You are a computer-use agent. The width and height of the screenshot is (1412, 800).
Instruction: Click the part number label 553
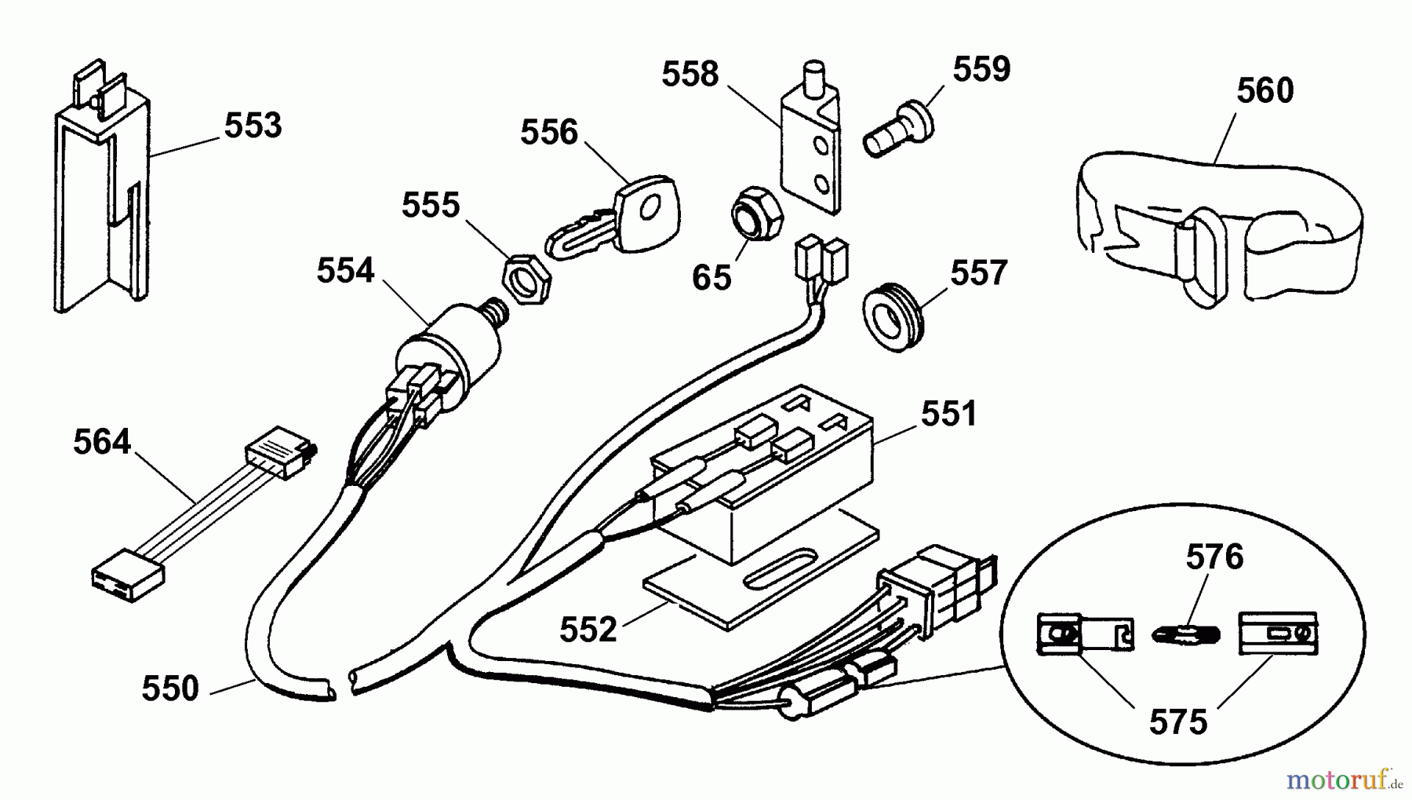pyautogui.click(x=253, y=126)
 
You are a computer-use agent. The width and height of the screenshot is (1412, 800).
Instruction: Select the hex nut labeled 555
pyautogui.click(x=525, y=279)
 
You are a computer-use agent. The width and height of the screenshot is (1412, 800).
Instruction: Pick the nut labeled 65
pyautogui.click(x=757, y=214)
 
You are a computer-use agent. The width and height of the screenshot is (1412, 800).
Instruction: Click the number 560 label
pyautogui.click(x=1265, y=91)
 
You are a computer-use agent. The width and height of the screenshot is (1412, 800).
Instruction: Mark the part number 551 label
pyautogui.click(x=948, y=414)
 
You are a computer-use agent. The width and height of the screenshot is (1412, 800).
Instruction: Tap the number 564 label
pyautogui.click(x=102, y=442)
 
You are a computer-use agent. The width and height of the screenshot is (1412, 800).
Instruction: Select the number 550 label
pyautogui.click(x=170, y=689)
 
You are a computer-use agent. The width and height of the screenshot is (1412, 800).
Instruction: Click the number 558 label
pyautogui.click(x=690, y=75)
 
